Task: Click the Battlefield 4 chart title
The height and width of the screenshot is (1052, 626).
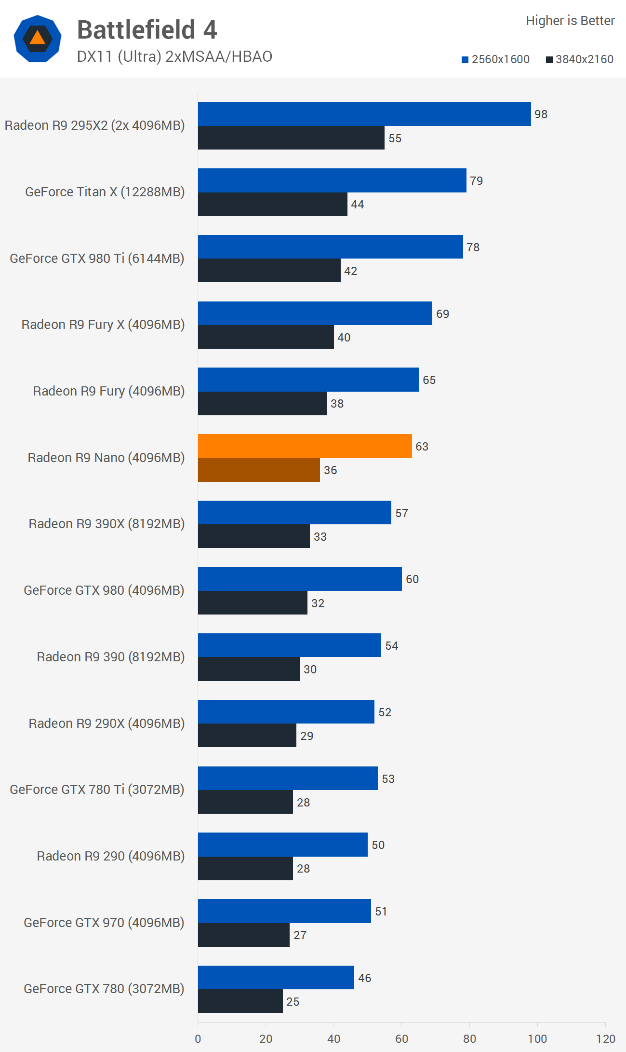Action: (147, 30)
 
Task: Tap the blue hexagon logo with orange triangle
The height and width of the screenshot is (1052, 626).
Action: (38, 39)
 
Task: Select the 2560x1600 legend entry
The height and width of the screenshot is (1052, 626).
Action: (495, 59)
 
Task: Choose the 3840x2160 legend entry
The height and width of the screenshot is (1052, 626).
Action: (579, 59)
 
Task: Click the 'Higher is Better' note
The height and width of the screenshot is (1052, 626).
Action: (570, 21)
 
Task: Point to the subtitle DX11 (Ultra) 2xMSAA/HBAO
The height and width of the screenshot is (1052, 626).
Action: (174, 56)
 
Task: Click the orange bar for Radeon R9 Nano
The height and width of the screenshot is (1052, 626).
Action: (305, 446)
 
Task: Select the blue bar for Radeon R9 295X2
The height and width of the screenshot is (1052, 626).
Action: (364, 114)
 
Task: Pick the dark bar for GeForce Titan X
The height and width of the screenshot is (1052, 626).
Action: (272, 204)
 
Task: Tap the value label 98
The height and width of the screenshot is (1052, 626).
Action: (541, 114)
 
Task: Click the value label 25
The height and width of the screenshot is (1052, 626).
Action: (293, 1002)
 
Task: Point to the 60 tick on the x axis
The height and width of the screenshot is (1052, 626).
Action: (401, 1039)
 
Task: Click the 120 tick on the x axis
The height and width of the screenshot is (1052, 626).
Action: (605, 1039)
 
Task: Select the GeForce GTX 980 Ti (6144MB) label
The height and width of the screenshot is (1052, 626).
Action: (97, 259)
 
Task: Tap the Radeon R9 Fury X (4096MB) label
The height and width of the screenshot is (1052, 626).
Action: (103, 325)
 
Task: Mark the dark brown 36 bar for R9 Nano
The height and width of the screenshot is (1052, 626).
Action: (259, 470)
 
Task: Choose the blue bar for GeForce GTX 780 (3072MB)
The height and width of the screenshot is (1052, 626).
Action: (276, 977)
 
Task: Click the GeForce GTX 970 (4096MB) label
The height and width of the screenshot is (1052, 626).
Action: (104, 923)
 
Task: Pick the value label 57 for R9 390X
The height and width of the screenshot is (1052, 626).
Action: (401, 513)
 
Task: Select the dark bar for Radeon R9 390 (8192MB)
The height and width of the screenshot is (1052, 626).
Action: (249, 669)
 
